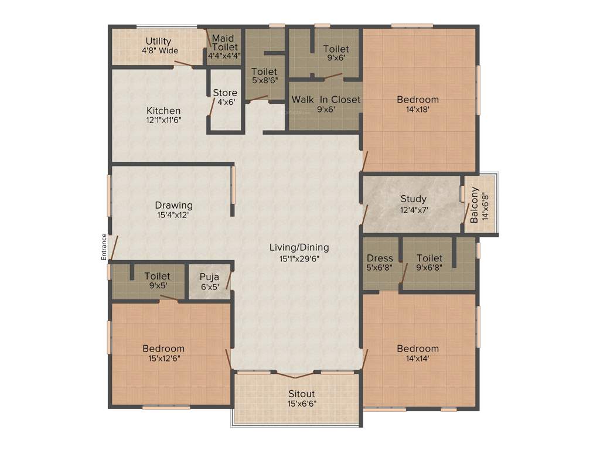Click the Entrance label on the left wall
[104, 247]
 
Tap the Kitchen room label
[163, 111]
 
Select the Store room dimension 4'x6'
[225, 101]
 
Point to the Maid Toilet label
[224, 43]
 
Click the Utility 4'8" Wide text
[159, 46]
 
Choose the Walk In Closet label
[326, 100]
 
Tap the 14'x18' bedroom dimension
[417, 108]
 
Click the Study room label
[413, 199]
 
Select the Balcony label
[474, 205]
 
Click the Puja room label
[209, 277]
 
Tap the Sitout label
[301, 394]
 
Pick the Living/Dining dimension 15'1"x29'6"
[299, 257]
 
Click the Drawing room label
[173, 205]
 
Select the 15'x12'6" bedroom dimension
[163, 358]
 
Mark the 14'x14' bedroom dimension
[417, 358]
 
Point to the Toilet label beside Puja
[157, 276]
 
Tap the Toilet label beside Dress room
[429, 258]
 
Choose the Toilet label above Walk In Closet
[336, 49]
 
